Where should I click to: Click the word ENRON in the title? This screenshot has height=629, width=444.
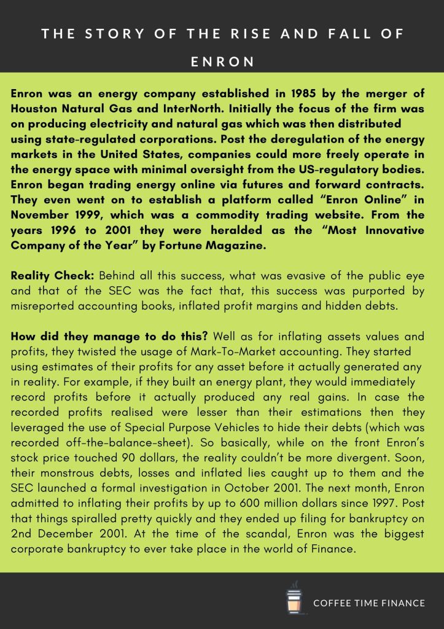222,62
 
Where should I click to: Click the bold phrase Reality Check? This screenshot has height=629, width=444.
52,276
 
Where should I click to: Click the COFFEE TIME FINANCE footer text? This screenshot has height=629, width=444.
369,603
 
